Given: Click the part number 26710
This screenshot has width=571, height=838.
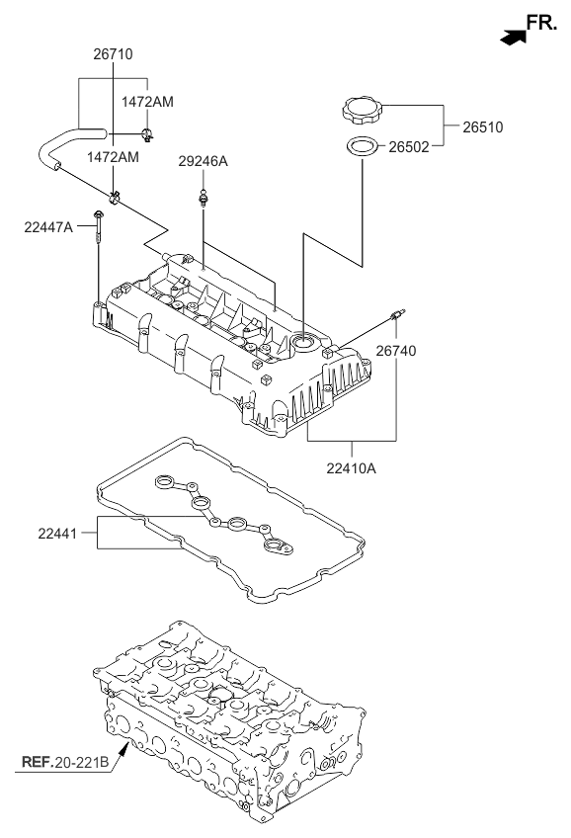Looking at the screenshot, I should point(112,55).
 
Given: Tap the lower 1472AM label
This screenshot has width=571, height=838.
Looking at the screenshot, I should point(112,157).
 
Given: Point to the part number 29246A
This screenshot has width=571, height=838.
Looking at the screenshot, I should point(203,161).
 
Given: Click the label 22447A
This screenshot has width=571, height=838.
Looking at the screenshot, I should point(48,226).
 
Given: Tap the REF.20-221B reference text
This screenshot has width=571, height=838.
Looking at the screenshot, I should point(63,762).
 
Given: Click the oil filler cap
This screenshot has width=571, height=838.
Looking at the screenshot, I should point(361,109).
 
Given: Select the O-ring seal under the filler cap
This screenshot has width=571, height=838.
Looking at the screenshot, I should point(363,148).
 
